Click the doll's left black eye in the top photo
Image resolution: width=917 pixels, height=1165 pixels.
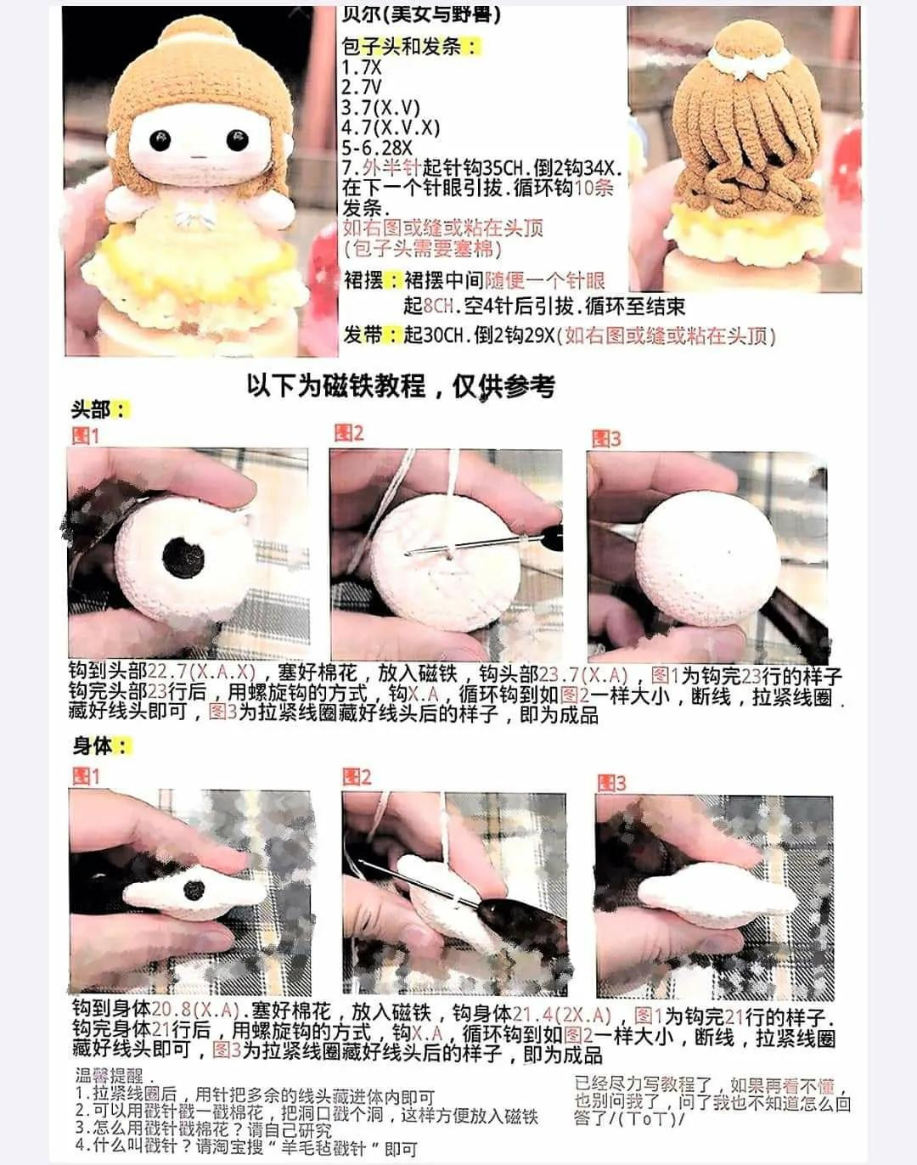[x=160, y=139]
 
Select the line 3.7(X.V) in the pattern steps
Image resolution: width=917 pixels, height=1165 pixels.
[x=381, y=108]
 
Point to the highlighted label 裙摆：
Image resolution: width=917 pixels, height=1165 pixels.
[x=371, y=281]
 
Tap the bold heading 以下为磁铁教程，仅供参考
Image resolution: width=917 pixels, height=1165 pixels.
[x=401, y=386]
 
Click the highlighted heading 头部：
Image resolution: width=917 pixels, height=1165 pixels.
[x=98, y=409]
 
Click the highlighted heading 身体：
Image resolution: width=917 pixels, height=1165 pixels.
[x=100, y=746]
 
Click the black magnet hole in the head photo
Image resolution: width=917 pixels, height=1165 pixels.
[x=183, y=557]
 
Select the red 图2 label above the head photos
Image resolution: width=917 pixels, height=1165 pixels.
[x=348, y=433]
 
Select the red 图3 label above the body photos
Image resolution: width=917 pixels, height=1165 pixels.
[x=611, y=783]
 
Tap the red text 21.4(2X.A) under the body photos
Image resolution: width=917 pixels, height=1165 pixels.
[x=562, y=1015]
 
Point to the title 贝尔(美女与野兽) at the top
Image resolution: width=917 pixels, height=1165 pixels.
[x=421, y=15]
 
